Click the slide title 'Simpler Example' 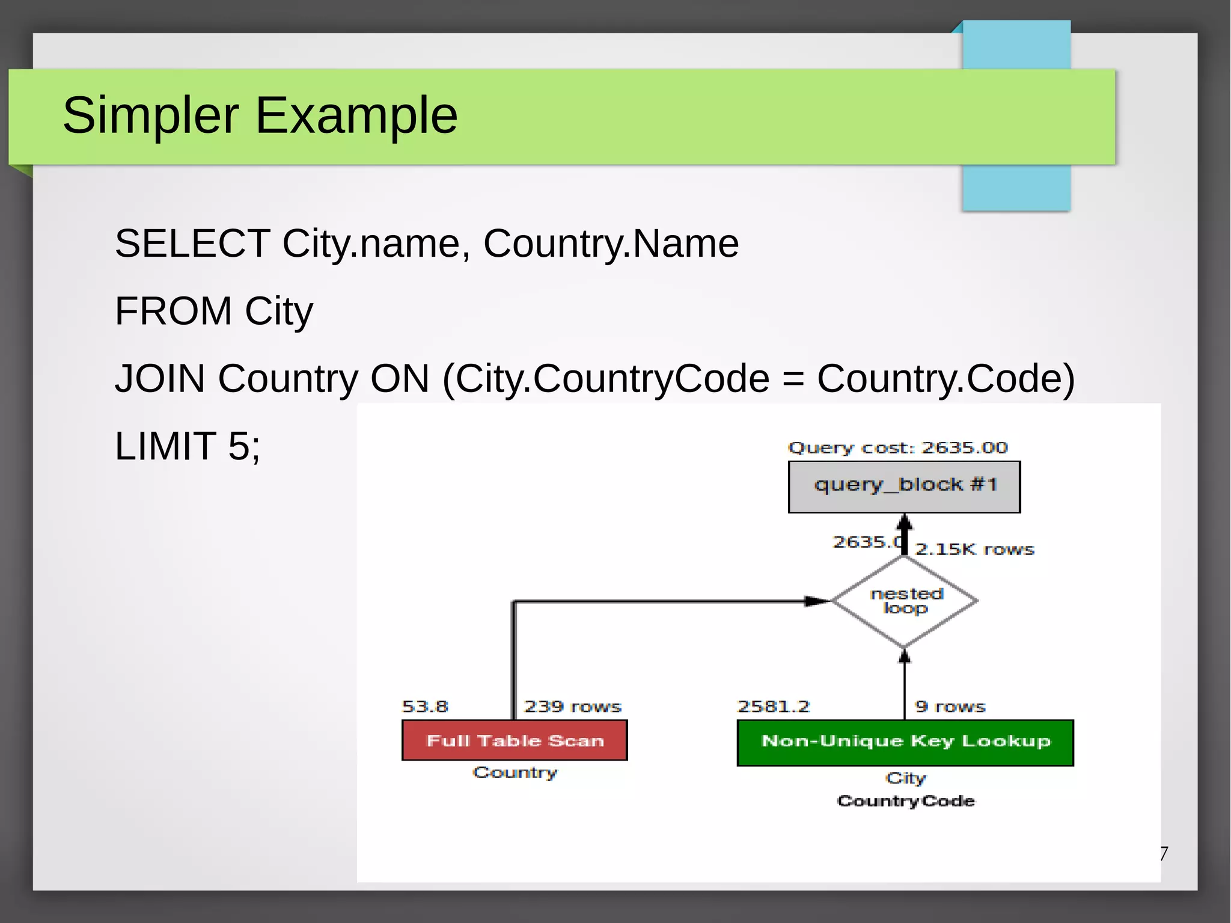(x=260, y=115)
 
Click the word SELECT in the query (x=192, y=244)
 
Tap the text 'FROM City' (x=214, y=311)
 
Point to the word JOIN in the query (x=160, y=378)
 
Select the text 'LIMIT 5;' (x=188, y=446)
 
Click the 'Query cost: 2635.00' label (x=897, y=448)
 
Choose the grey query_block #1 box (x=904, y=486)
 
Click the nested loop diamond (x=905, y=601)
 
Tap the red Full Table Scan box (x=515, y=740)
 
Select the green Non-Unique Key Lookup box (x=905, y=742)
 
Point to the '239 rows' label (x=572, y=707)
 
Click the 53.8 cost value (x=425, y=707)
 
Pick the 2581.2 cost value (x=774, y=707)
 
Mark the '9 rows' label (x=950, y=707)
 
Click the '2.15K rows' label (x=974, y=550)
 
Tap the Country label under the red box (x=515, y=773)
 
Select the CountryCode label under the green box (x=906, y=802)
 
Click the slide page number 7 (x=1164, y=853)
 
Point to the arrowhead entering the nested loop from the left (x=817, y=601)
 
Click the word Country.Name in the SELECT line (x=611, y=244)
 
